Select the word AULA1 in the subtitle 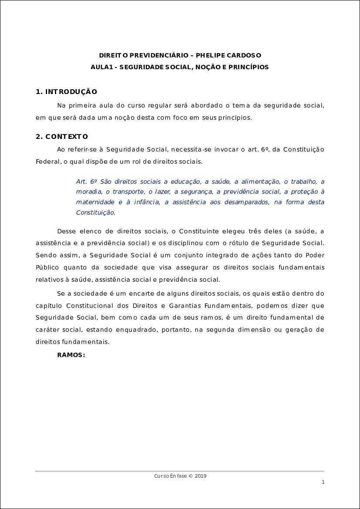101,67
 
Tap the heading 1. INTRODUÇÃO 66,92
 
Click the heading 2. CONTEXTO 62,137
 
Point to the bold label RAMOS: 71,355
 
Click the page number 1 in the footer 323,482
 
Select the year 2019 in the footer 201,476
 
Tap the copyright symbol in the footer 190,476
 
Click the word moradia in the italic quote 88,192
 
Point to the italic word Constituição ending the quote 95,212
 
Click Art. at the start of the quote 82,181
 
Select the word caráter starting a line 47,330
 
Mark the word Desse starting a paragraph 67,230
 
